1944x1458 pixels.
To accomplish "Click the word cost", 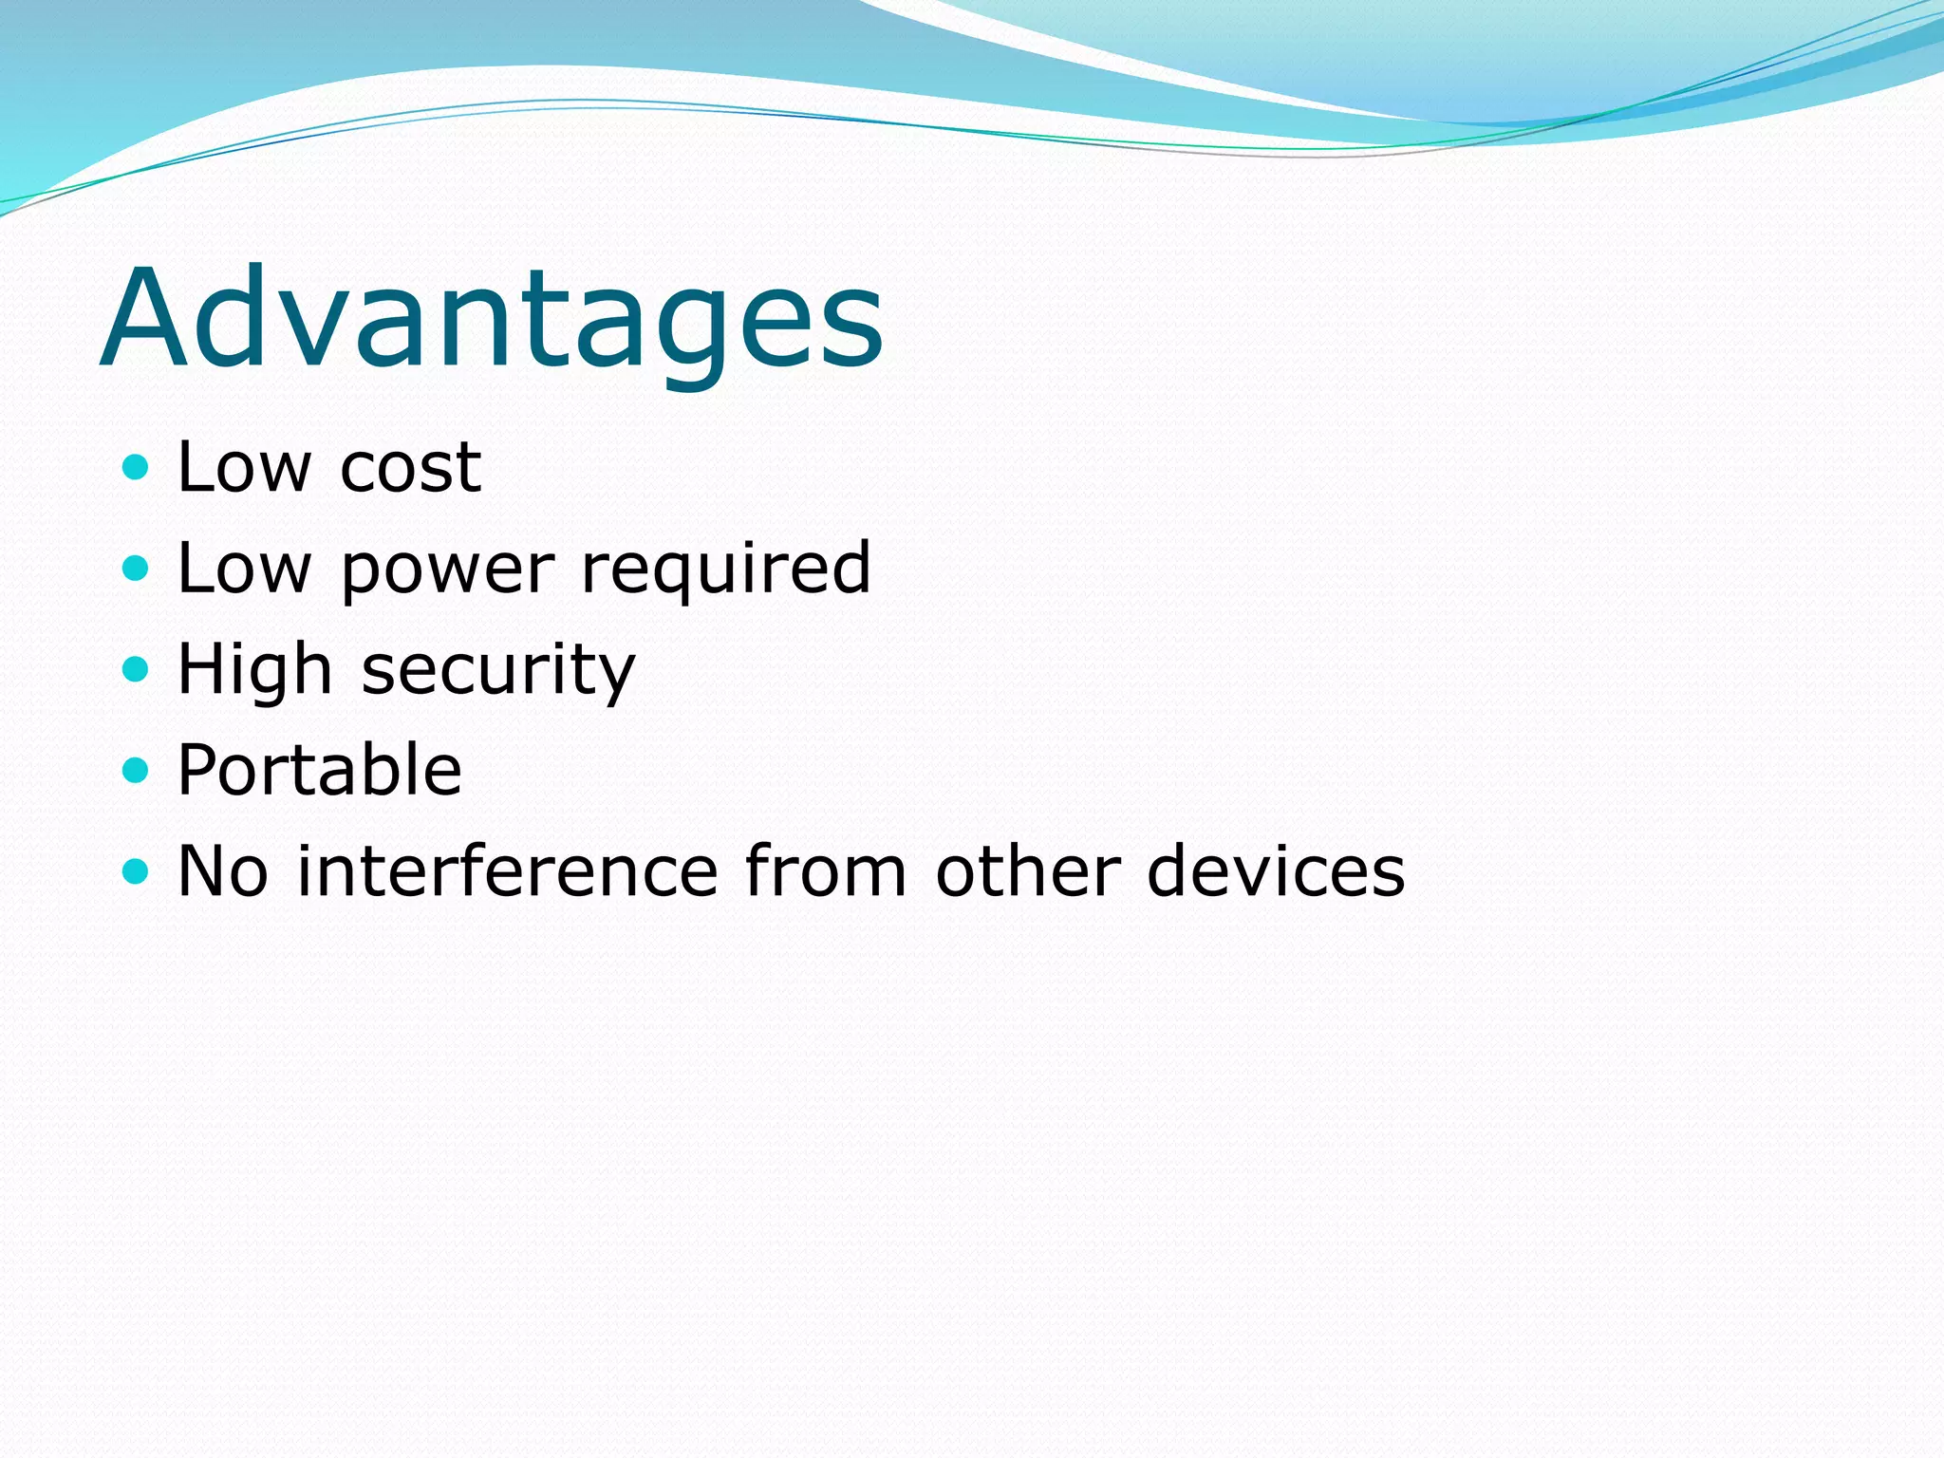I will point(410,468).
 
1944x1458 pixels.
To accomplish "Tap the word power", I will point(446,570).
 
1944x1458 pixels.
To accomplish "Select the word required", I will point(725,570).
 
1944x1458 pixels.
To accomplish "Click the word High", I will point(254,669).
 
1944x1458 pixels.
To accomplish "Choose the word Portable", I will point(320,770).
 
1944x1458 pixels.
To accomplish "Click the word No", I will point(223,870).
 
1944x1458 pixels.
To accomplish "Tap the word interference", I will point(507,870).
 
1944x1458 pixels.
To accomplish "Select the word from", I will point(825,870).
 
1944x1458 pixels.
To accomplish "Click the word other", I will point(1028,870).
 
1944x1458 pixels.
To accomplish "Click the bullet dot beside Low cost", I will point(136,467).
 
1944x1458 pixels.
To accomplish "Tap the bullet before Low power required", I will point(136,568).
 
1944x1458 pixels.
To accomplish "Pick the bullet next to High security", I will point(136,669).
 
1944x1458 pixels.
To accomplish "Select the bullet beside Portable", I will point(136,770).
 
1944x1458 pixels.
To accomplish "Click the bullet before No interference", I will point(136,870).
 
